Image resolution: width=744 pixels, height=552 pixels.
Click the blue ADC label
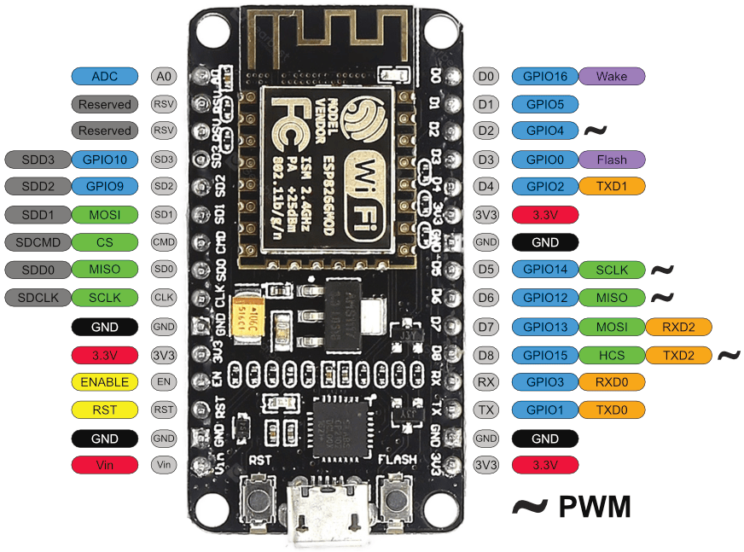pyautogui.click(x=104, y=76)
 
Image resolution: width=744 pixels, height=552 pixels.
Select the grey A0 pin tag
pyautogui.click(x=164, y=76)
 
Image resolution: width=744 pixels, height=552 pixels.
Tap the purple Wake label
pyautogui.click(x=612, y=76)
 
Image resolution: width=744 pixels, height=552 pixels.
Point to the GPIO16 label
pyautogui.click(x=545, y=76)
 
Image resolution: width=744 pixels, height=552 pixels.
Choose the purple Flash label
pyautogui.click(x=612, y=159)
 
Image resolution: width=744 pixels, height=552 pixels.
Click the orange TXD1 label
pyautogui.click(x=612, y=186)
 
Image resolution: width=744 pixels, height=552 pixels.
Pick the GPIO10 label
pyautogui.click(x=104, y=159)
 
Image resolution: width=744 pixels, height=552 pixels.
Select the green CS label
pyautogui.click(x=104, y=241)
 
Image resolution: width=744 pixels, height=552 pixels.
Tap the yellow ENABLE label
pyautogui.click(x=104, y=381)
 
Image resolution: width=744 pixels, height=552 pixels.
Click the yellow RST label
pyautogui.click(x=104, y=410)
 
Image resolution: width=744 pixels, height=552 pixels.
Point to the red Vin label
pyautogui.click(x=104, y=465)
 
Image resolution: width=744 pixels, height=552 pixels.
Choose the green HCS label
pyautogui.click(x=612, y=354)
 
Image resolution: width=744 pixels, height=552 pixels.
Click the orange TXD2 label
pyautogui.click(x=678, y=354)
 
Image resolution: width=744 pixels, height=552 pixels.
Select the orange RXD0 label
pyautogui.click(x=612, y=381)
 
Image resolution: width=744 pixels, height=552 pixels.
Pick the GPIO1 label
pyautogui.click(x=545, y=410)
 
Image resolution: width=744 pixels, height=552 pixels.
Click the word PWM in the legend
pyautogui.click(x=595, y=506)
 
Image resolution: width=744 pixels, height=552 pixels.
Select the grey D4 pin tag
pyautogui.click(x=485, y=186)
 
